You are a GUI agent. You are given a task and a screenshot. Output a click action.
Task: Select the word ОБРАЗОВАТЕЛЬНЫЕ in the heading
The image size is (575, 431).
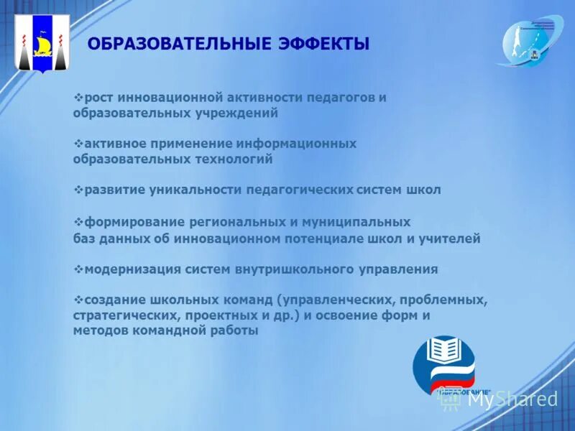point(177,45)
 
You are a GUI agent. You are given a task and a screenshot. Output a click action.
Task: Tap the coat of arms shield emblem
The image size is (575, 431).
point(42,43)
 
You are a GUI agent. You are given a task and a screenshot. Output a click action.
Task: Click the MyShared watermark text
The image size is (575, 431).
point(512,399)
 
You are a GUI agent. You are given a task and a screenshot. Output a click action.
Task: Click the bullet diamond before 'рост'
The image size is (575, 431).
point(78,97)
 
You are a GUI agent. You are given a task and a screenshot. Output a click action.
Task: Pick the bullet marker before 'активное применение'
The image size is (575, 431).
point(78,144)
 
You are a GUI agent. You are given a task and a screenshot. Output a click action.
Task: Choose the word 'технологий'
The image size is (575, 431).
point(236,159)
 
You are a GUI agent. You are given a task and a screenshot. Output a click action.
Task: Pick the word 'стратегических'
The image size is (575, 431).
point(124,315)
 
